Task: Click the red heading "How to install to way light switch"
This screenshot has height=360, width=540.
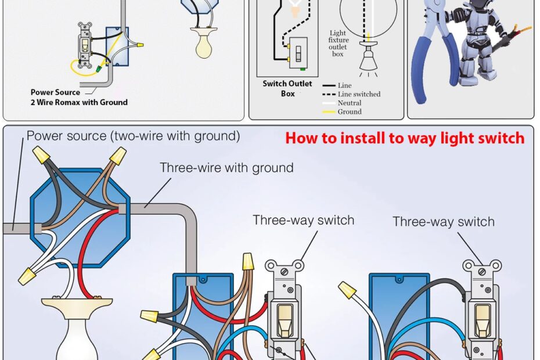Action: point(405,139)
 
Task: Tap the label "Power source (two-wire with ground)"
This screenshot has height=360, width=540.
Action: point(133,136)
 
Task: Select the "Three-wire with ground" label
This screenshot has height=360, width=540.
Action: point(226,168)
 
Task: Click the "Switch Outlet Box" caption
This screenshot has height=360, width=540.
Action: point(287,88)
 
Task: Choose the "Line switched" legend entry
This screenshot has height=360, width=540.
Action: point(359,94)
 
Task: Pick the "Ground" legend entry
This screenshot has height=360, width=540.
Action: point(350,111)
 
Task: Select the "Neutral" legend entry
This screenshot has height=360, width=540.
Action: point(350,103)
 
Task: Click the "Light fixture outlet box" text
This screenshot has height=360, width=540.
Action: point(338,44)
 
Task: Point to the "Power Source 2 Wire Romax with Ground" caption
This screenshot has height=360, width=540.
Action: point(79,97)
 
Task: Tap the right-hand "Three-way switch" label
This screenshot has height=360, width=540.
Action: point(444,222)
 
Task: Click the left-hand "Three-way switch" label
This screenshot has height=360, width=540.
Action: point(303,221)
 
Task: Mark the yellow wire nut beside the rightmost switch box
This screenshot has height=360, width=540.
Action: point(348,289)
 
